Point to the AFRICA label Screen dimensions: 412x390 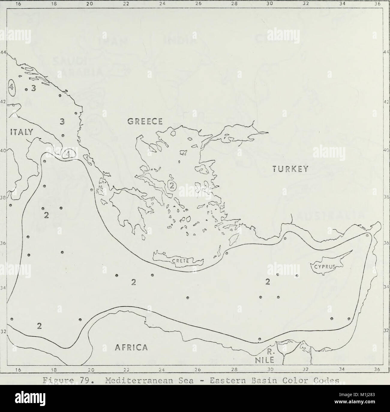click(131, 347)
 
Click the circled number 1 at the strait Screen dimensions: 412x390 click(69, 155)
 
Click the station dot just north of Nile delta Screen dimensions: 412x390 click(260, 339)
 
